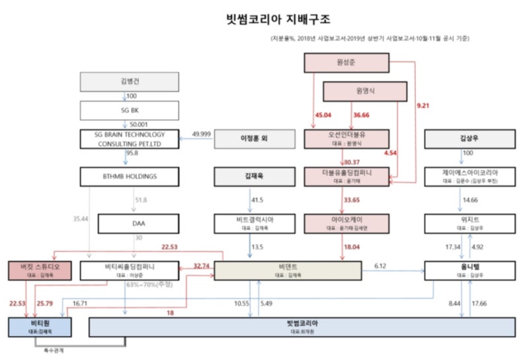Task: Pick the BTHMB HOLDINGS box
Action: pos(130,177)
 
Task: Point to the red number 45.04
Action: pos(323,114)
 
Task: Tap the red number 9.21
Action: pos(423,105)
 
